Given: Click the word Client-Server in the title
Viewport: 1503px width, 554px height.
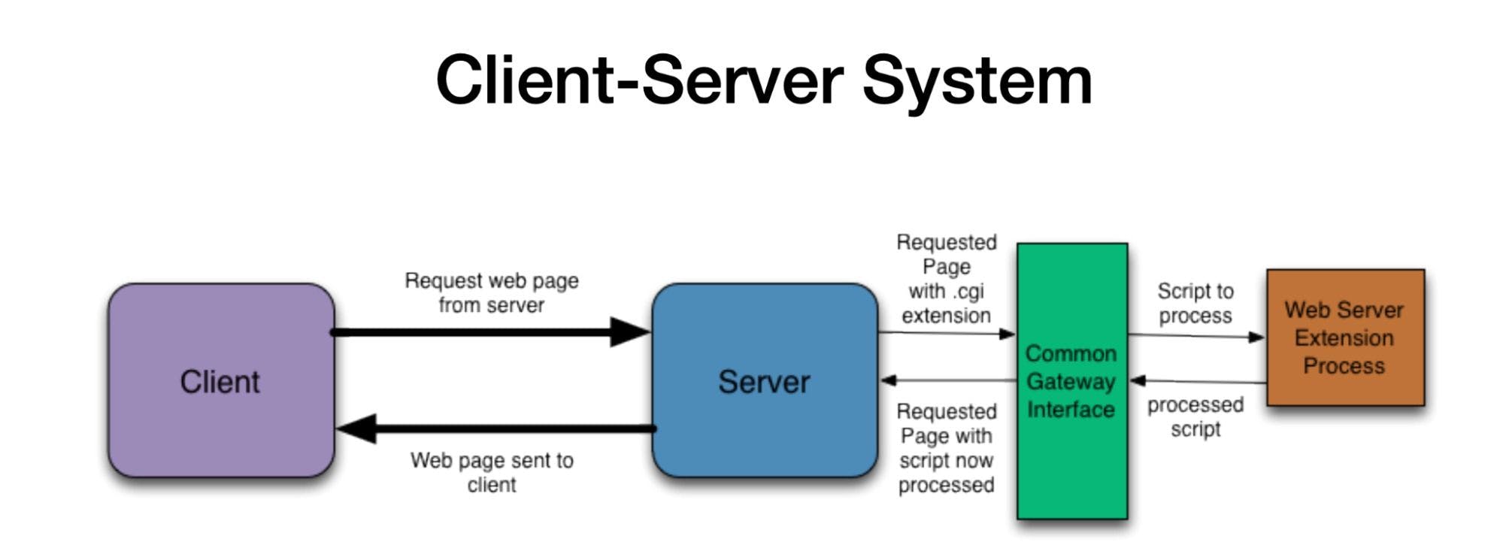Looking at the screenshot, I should click(x=639, y=80).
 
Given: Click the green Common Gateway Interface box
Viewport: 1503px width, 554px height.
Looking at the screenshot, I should click(x=1071, y=466).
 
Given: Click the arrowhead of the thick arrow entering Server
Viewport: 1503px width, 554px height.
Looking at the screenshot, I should click(x=630, y=331).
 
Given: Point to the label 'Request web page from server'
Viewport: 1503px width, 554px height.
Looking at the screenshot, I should click(x=492, y=292).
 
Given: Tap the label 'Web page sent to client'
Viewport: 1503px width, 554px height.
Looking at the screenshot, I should click(x=492, y=472).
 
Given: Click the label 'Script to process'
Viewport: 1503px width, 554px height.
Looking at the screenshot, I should click(x=1195, y=303).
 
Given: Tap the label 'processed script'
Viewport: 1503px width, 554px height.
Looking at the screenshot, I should click(x=1195, y=416).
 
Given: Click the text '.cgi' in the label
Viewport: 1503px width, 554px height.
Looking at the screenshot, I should click(x=968, y=291).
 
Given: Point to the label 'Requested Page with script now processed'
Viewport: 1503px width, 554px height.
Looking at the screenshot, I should click(x=946, y=448).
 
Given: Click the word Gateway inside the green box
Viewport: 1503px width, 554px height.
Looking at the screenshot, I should click(x=1071, y=382).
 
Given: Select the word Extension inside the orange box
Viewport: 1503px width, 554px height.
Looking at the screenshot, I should click(x=1344, y=338).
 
